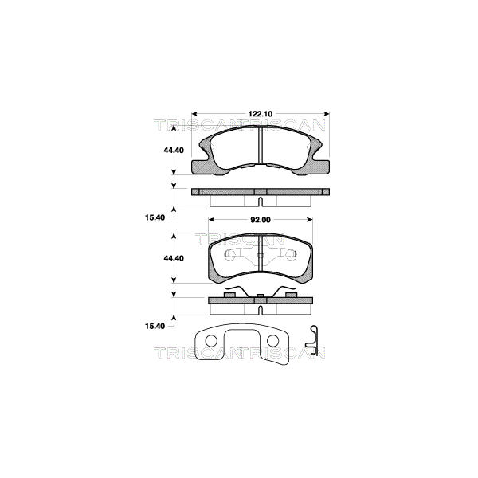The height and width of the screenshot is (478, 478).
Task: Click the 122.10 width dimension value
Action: [261, 114]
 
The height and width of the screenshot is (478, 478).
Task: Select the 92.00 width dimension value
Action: [261, 220]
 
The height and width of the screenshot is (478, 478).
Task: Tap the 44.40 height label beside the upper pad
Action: [174, 151]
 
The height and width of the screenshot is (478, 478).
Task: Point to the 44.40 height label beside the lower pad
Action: [174, 258]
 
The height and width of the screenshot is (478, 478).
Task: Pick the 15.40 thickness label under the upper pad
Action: [155, 217]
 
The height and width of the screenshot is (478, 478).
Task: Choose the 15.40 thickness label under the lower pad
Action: [155, 326]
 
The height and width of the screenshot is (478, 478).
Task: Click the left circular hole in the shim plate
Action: [211, 341]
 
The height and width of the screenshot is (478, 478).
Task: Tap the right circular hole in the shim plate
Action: [272, 341]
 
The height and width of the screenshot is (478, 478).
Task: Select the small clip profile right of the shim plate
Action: [311, 340]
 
